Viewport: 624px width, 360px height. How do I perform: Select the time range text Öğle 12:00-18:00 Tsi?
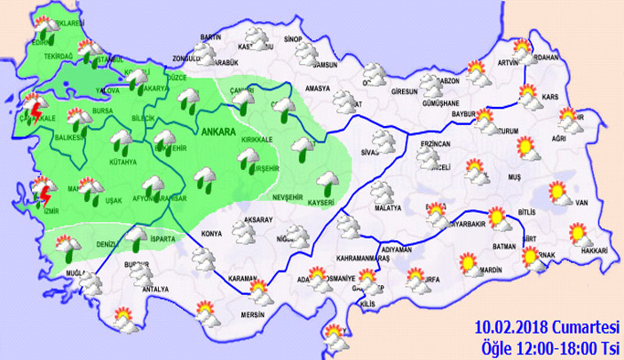[547, 346]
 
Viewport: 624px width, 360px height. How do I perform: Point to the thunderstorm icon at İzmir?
[41, 195]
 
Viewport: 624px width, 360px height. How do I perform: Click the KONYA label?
[211, 233]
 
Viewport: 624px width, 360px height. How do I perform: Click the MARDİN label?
[492, 270]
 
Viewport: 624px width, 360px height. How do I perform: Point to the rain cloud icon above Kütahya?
[119, 141]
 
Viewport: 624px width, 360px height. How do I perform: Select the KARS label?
[550, 96]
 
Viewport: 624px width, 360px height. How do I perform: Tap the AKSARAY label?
[261, 220]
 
